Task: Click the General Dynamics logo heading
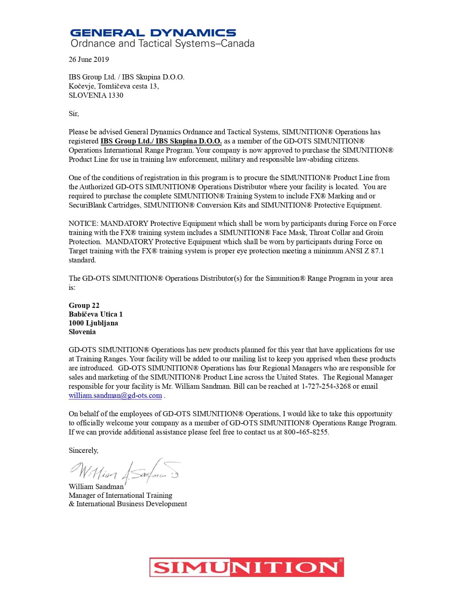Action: pyautogui.click(x=153, y=33)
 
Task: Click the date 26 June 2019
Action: pyautogui.click(x=89, y=59)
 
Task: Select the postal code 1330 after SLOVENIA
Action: pyautogui.click(x=115, y=95)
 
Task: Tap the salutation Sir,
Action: pyautogui.click(x=74, y=113)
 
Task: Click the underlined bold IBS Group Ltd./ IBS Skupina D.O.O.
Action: pyautogui.click(x=161, y=141)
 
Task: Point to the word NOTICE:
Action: pyautogui.click(x=83, y=223)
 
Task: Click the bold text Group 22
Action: pyautogui.click(x=84, y=305)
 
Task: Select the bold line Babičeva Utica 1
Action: pyautogui.click(x=96, y=314)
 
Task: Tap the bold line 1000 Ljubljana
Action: pyautogui.click(x=93, y=323)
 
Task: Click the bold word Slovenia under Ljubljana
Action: pyautogui.click(x=82, y=332)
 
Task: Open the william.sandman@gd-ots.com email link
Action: pyautogui.click(x=115, y=395)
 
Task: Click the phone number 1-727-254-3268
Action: pyautogui.click(x=326, y=386)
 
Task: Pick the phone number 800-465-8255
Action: pyautogui.click(x=306, y=432)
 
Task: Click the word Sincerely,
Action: pyautogui.click(x=83, y=450)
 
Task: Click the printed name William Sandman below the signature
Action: pyautogui.click(x=96, y=486)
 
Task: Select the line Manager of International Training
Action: pyautogui.click(x=120, y=495)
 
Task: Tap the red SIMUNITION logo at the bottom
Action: pyautogui.click(x=246, y=567)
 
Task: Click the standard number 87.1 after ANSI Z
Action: pyautogui.click(x=377, y=251)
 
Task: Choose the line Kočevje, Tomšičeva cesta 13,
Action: pyautogui.click(x=114, y=86)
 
